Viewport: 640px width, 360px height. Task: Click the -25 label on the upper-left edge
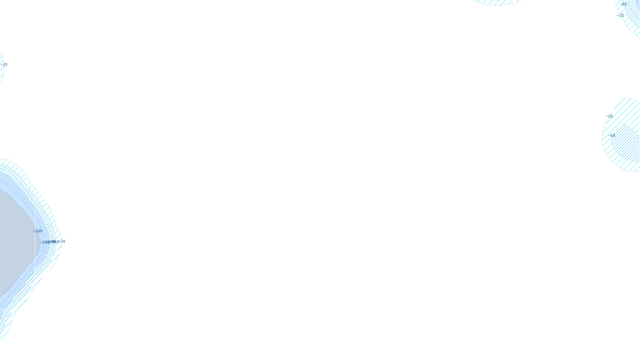pos(5,64)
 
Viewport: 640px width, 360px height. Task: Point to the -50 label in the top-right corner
pos(623,4)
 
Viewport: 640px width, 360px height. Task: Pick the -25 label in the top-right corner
pos(620,16)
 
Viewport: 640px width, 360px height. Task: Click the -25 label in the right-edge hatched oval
pos(609,116)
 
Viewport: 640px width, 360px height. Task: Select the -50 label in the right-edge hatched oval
pos(612,136)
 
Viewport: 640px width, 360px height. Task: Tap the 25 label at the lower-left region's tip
pos(63,242)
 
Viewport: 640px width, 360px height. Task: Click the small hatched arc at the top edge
pos(498,2)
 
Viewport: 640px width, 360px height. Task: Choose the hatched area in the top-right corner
pos(632,18)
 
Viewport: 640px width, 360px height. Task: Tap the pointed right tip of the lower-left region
pos(60,240)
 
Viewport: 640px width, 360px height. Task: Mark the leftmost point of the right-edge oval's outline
pos(602,136)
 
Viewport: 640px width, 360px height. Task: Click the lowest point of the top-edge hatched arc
pos(498,4)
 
